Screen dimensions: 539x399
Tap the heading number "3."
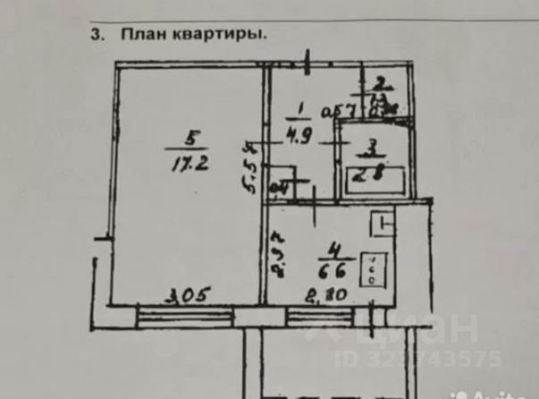tap(97, 36)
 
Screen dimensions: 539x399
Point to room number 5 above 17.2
tap(188, 140)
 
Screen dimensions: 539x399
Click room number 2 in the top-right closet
tap(379, 81)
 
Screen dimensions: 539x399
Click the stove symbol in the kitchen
tap(369, 268)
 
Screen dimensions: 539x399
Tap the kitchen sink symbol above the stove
tap(383, 221)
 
